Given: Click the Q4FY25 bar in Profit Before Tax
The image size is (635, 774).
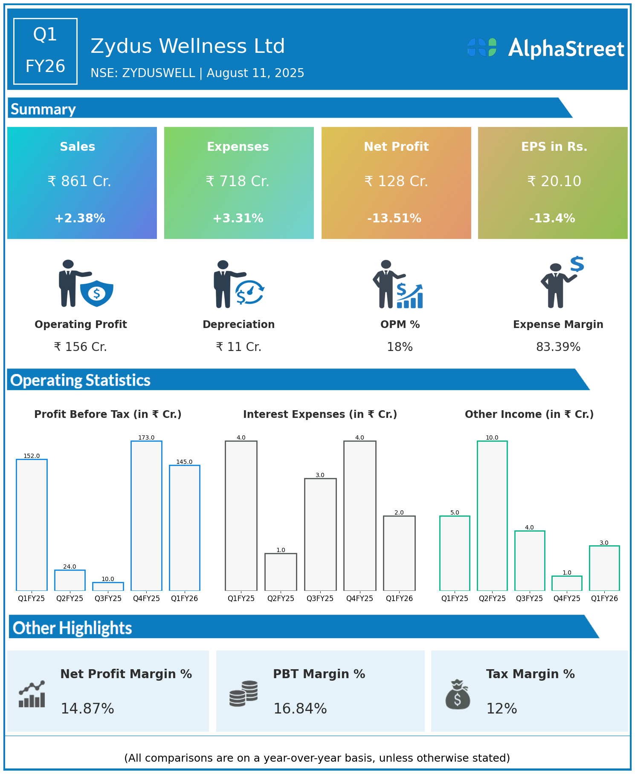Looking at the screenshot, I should [146, 515].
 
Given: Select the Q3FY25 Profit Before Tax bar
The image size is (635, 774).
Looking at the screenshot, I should [108, 586].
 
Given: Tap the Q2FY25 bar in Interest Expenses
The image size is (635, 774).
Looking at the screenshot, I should [281, 572].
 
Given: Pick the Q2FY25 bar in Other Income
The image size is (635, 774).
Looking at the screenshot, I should [492, 515].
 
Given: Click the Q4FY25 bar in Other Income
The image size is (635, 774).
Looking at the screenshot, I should [567, 583].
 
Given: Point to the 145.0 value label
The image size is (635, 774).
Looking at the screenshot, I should [184, 462].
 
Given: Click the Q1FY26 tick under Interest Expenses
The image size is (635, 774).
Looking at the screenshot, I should [399, 598].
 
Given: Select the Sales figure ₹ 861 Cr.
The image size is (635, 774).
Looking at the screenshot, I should [79, 181].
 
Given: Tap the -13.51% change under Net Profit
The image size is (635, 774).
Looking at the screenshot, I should [394, 219].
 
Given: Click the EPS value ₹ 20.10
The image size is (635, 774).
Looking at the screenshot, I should [554, 181].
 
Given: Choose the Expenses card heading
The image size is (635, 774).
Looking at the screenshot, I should [238, 147].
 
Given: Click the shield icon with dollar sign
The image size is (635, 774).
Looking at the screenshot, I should [97, 293].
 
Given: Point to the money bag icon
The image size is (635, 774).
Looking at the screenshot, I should [458, 694].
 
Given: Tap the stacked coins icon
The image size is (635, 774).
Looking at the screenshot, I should [244, 693].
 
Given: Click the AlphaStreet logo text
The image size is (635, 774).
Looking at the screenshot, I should [566, 49].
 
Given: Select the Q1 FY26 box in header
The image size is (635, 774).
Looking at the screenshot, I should [45, 51].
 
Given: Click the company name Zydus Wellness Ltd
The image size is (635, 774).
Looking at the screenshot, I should [188, 46].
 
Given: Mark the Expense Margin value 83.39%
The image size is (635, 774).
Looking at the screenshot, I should [558, 347].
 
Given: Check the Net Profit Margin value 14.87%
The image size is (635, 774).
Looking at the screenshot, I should [87, 709].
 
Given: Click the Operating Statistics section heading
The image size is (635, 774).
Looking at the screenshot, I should [81, 380].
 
